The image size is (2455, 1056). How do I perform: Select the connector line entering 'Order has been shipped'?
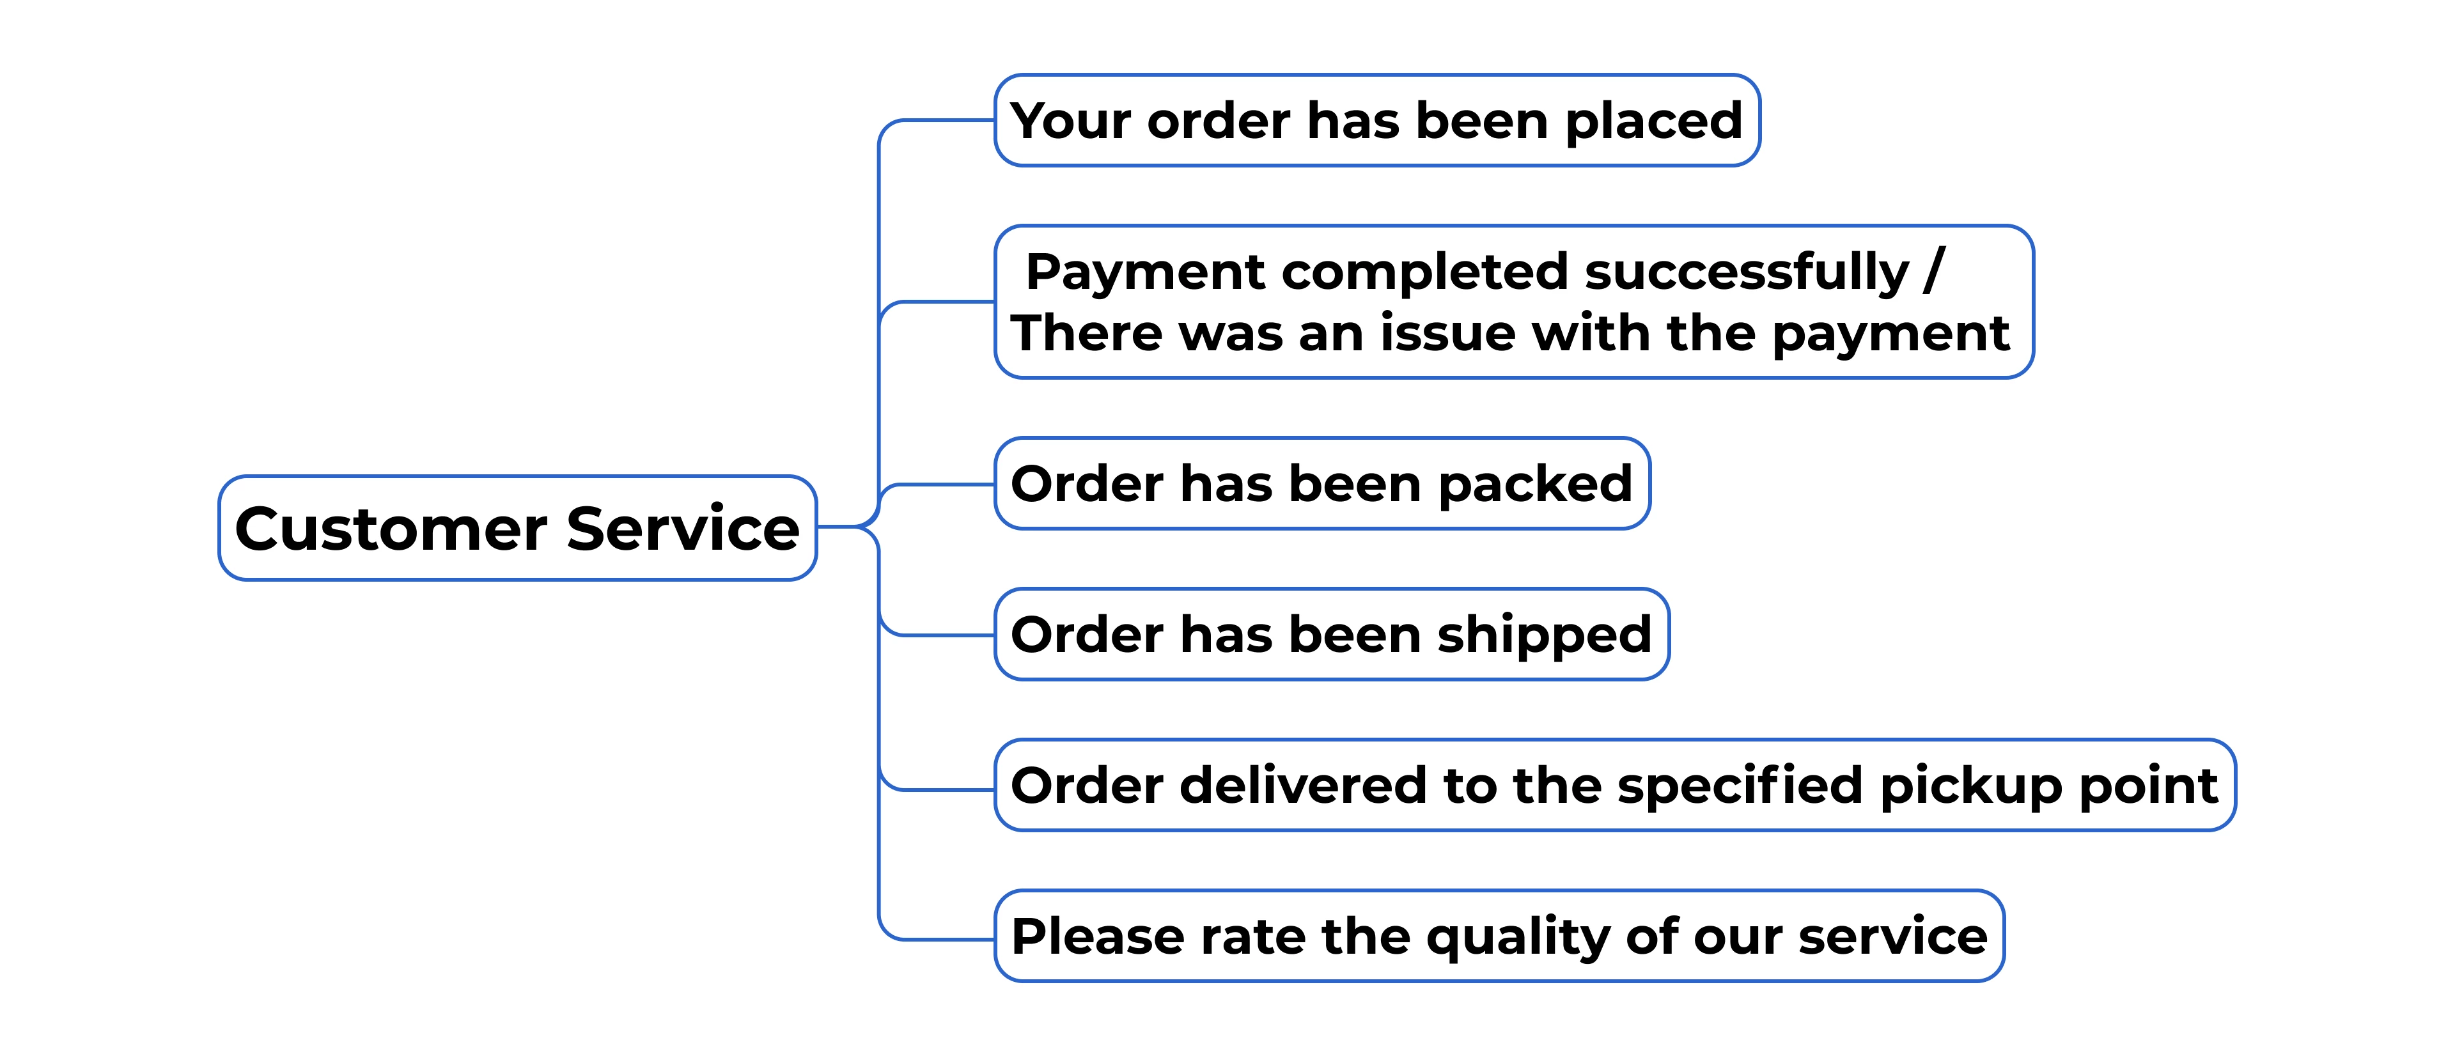(944, 635)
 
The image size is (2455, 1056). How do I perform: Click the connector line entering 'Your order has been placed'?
(944, 121)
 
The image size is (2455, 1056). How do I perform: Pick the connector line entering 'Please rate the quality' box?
(944, 940)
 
